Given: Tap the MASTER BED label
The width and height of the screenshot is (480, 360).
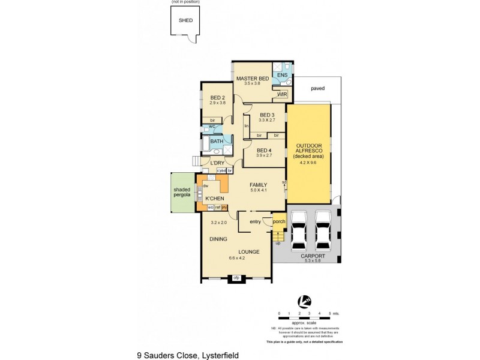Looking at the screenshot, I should point(251,79).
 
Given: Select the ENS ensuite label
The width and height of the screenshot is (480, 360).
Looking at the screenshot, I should point(281,76).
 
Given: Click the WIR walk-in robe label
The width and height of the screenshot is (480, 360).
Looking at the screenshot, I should point(281,95).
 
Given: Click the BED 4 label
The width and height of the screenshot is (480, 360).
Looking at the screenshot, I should point(265,150).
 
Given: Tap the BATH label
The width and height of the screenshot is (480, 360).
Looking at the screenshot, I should point(216,142).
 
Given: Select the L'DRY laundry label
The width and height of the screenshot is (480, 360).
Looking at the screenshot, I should point(217,163).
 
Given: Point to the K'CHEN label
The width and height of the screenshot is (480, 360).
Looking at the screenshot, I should point(215,198).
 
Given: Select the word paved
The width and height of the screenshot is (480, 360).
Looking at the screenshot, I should point(317,88).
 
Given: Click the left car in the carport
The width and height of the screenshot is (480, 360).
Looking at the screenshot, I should point(298,232).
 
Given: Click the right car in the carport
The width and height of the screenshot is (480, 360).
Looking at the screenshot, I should point(323,232).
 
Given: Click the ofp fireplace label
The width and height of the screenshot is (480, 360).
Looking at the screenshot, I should point(236,277).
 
